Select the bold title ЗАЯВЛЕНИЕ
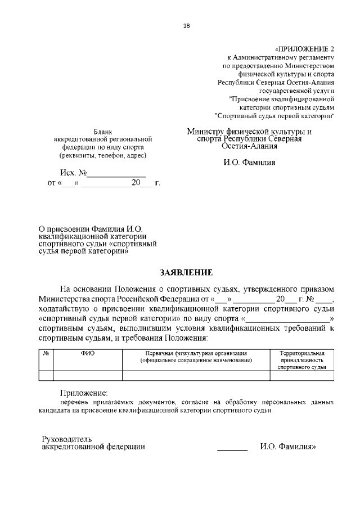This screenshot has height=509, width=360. coord(187,272)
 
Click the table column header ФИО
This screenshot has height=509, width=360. coord(88,353)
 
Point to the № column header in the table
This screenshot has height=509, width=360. coord(46,353)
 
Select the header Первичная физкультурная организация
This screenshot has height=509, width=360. coord(195,353)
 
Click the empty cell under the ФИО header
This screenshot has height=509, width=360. coord(88,376)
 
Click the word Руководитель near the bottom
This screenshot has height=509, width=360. coord(67,439)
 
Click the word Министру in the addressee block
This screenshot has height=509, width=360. coord(209,131)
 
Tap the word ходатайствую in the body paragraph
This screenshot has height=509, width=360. coord(66,308)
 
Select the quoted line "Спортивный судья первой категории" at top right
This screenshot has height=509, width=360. coord(275,116)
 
